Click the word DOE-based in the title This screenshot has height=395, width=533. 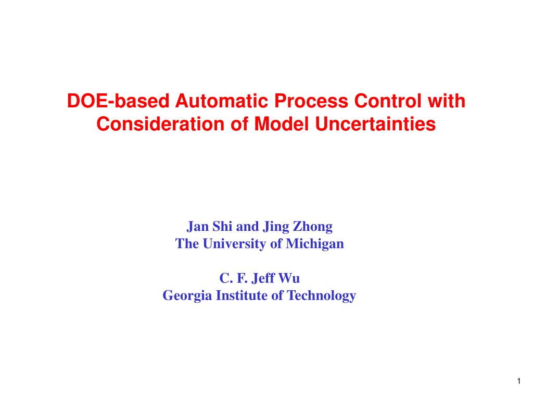pos(118,101)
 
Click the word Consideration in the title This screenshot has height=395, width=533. pos(160,124)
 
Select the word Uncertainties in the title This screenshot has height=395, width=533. pos(376,124)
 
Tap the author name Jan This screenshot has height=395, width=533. pos(198,226)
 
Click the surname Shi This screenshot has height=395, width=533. pos(222,226)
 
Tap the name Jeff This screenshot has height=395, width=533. pos(263,279)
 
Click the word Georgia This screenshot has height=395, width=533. pos(187,296)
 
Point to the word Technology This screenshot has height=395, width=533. pos(322,296)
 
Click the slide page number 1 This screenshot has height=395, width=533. pos(519,381)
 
